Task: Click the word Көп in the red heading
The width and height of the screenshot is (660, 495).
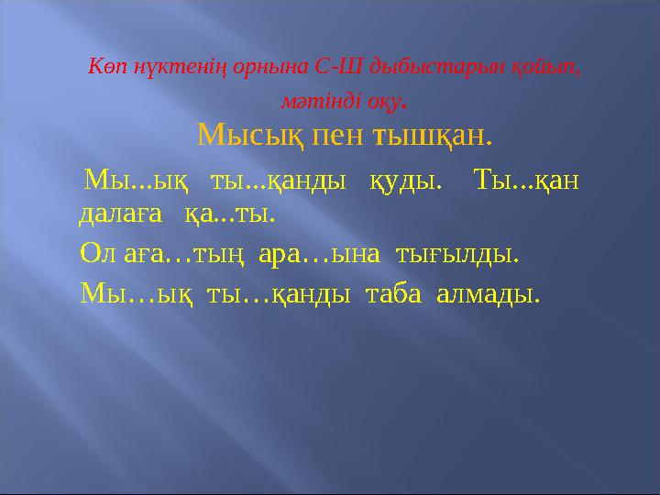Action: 104,67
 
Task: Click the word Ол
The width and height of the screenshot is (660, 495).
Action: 99,253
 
